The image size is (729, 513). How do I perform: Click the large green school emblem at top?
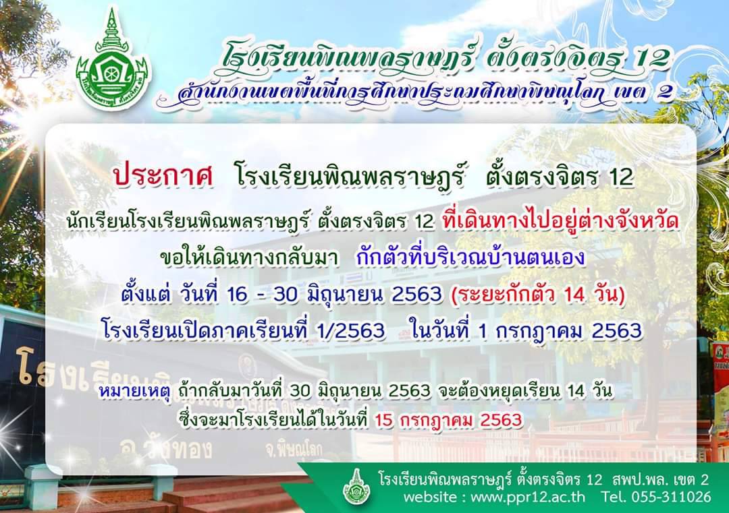(111, 61)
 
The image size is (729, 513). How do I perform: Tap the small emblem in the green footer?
(356, 487)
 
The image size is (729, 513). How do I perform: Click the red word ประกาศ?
(163, 177)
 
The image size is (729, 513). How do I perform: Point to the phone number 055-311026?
(671, 497)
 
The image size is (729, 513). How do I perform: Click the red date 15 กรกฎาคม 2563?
(448, 420)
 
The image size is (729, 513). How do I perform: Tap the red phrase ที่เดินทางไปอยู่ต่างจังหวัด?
(561, 221)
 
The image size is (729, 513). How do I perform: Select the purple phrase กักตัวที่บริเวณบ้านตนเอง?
(470, 258)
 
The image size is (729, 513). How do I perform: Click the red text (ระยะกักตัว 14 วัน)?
(538, 295)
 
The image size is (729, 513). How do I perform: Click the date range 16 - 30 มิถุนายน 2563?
(335, 295)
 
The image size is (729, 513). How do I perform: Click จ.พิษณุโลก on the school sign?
(294, 450)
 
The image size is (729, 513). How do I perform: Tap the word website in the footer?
(430, 497)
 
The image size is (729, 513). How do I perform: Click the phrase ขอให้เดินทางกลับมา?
(248, 258)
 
